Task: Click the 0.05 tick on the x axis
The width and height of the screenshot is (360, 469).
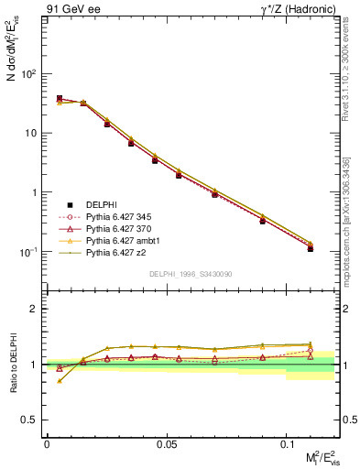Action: [167, 443]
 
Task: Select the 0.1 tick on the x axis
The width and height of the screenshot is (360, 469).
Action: [288, 443]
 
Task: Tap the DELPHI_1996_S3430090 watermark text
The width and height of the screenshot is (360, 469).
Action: [190, 273]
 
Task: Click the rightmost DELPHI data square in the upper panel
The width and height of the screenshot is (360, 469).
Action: [311, 248]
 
